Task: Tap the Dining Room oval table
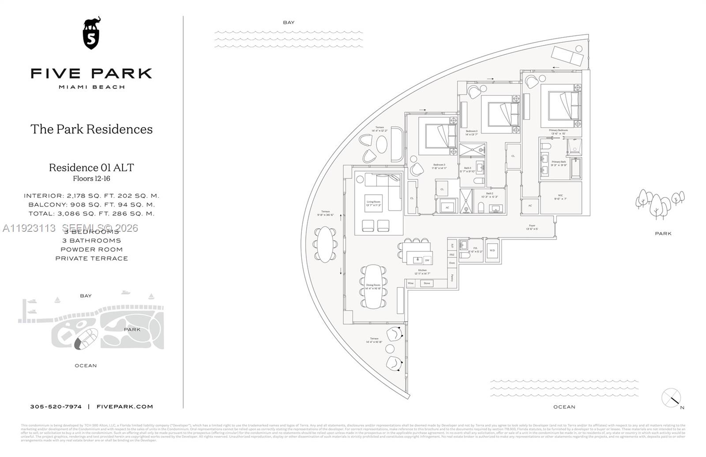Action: (373, 286)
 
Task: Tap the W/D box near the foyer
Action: (492, 250)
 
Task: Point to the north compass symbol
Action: (671, 397)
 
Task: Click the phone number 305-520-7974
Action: (56, 407)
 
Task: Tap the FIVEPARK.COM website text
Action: (124, 407)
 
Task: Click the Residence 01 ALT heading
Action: (91, 168)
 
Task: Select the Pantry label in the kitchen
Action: (452, 278)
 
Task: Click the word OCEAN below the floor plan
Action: (564, 407)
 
